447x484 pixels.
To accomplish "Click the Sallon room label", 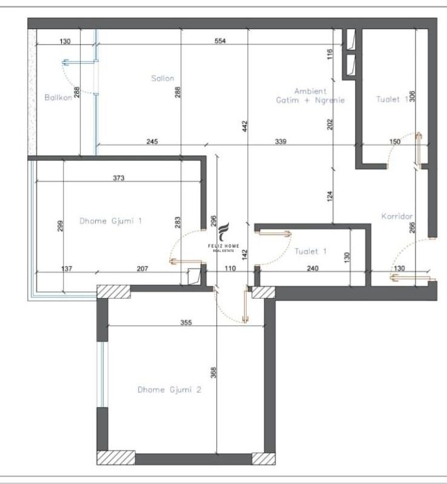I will point(162,79).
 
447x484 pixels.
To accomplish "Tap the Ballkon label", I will point(57,97).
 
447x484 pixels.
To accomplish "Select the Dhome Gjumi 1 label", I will point(111,221).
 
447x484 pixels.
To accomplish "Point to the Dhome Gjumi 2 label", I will point(169,390).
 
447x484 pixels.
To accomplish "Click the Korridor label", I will point(397,216).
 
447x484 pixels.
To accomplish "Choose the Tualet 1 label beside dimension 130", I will point(311,251).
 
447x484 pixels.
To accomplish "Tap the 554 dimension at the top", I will point(219,41).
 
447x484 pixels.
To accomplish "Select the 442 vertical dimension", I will point(245,127).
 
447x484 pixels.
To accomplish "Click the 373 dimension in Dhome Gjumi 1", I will point(119,178).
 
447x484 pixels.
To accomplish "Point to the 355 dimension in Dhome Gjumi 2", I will point(185,322).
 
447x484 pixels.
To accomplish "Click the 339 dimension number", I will point(281,142).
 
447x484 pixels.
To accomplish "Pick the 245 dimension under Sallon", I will point(152,142).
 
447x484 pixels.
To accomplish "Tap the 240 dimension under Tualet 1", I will point(313,268).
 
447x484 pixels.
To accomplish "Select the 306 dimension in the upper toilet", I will point(412,96).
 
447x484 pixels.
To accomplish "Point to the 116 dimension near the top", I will point(329,55).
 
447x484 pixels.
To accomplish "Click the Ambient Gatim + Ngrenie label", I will point(310,96).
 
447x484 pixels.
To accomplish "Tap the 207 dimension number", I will point(142,268).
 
